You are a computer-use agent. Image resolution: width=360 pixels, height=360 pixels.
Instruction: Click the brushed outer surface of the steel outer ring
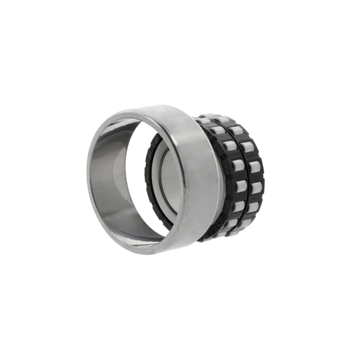tap(198, 180)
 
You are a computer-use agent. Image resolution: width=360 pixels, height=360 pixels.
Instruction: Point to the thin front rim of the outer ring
tap(90, 180)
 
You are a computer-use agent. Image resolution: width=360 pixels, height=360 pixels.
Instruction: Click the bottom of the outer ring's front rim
tap(135, 247)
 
